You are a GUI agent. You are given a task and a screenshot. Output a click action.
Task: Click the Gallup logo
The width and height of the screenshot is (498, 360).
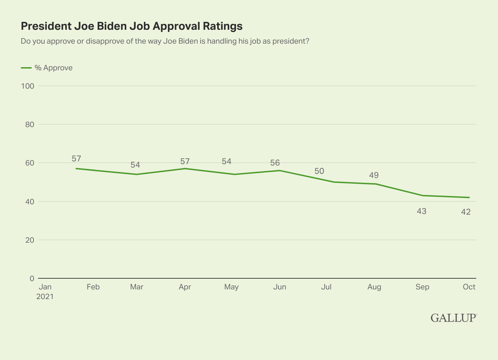click(x=453, y=318)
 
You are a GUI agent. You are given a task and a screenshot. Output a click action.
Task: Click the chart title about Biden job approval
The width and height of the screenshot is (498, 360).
click(x=132, y=26)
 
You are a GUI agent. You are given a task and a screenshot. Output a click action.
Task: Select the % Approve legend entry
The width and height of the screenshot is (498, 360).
click(x=47, y=68)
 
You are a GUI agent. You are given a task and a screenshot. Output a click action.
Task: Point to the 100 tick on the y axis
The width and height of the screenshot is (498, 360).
click(x=28, y=86)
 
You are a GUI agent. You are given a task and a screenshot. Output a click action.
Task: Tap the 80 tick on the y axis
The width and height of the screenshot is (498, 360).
click(x=30, y=124)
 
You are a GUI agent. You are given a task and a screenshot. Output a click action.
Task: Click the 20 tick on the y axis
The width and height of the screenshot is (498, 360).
click(x=30, y=240)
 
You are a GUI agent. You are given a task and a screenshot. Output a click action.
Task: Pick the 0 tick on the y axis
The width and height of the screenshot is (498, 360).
click(x=32, y=278)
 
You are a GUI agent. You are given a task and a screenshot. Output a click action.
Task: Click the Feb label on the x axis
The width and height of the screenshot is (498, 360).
click(x=93, y=287)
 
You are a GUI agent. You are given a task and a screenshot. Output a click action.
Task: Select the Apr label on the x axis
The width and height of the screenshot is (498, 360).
click(x=185, y=287)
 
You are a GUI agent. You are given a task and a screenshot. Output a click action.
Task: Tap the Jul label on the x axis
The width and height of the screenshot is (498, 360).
click(x=326, y=287)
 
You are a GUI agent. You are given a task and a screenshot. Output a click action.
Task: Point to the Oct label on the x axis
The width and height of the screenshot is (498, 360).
click(x=469, y=287)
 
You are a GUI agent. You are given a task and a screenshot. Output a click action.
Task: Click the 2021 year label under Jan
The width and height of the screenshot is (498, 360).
click(x=45, y=297)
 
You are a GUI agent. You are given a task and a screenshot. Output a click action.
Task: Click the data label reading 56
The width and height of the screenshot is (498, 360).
click(x=275, y=163)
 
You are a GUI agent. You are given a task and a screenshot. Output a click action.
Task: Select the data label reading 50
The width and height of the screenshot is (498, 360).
click(x=319, y=171)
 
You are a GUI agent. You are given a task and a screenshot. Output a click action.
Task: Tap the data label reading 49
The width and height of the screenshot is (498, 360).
click(x=374, y=175)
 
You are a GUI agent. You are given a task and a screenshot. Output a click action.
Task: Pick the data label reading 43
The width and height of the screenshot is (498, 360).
click(x=422, y=211)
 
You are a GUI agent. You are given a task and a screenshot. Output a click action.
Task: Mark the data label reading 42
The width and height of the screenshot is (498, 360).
click(x=466, y=212)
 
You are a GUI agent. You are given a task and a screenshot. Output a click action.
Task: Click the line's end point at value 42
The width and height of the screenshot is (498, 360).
click(x=469, y=198)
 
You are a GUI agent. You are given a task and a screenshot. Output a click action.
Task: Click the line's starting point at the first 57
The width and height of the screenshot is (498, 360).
click(x=76, y=169)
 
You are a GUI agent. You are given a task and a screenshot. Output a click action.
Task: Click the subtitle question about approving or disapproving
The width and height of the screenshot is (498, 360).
click(x=165, y=41)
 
